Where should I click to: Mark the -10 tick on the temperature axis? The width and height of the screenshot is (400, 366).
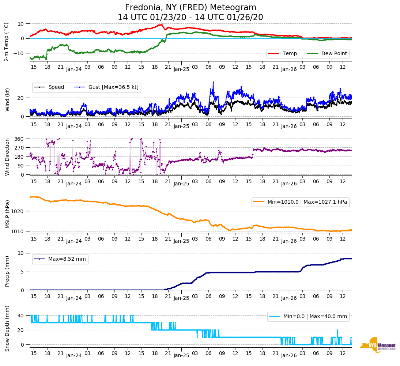tap(19, 53)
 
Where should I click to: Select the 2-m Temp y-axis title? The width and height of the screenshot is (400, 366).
tap(6, 42)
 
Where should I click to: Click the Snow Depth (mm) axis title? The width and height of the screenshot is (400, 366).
tap(7, 328)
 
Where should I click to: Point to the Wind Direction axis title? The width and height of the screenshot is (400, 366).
tap(7, 157)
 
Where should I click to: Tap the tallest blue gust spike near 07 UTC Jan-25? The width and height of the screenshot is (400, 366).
tap(213, 82)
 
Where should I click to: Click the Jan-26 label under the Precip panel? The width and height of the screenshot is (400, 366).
tap(288, 298)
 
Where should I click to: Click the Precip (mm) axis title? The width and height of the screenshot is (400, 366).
tap(7, 271)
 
